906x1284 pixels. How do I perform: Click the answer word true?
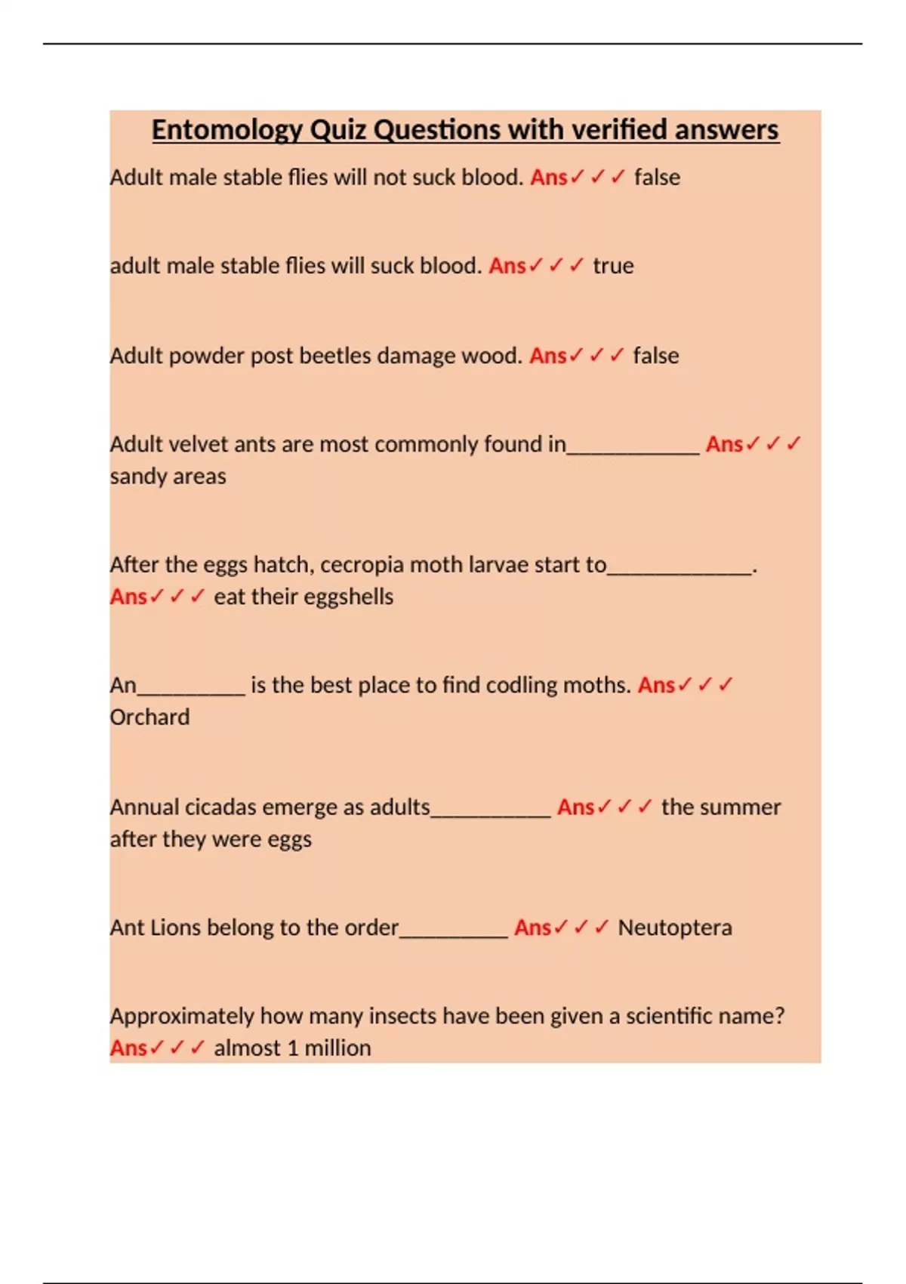[x=613, y=266]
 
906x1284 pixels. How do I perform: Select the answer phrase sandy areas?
[x=168, y=477]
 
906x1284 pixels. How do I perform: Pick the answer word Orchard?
[x=149, y=717]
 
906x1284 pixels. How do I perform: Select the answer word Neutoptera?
[x=675, y=928]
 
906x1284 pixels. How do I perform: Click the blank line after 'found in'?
[x=633, y=450]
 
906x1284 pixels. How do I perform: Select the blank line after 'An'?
[x=191, y=690]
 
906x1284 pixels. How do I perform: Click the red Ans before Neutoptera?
[x=532, y=928]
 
